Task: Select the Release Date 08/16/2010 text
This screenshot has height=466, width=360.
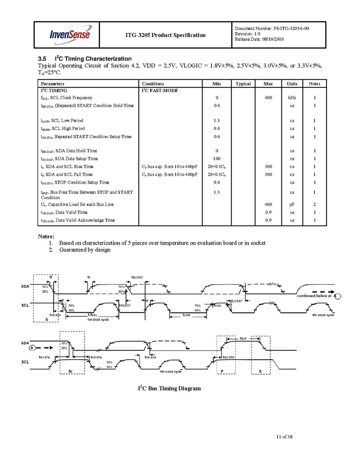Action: [259, 40]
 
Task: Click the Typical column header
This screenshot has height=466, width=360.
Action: [243, 84]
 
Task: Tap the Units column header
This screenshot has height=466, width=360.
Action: [292, 84]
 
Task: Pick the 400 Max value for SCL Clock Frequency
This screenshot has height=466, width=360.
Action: [268, 98]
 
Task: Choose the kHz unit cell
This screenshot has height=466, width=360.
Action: [292, 98]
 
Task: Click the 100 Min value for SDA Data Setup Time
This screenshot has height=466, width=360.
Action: [217, 159]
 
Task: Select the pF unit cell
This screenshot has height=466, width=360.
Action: [292, 204]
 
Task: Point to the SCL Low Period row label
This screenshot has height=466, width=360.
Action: [62, 121]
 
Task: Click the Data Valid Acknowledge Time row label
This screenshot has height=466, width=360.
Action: [78, 220]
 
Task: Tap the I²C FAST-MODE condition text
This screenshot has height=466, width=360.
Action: [160, 91]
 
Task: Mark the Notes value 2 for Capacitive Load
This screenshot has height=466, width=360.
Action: [315, 204]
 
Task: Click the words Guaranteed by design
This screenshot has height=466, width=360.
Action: [85, 250]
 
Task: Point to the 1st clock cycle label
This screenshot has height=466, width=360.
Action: [98, 319]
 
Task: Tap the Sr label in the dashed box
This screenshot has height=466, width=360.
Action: [70, 371]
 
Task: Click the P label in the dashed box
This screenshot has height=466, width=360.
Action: [222, 371]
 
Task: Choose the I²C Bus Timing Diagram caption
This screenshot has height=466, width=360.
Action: [170, 388]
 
